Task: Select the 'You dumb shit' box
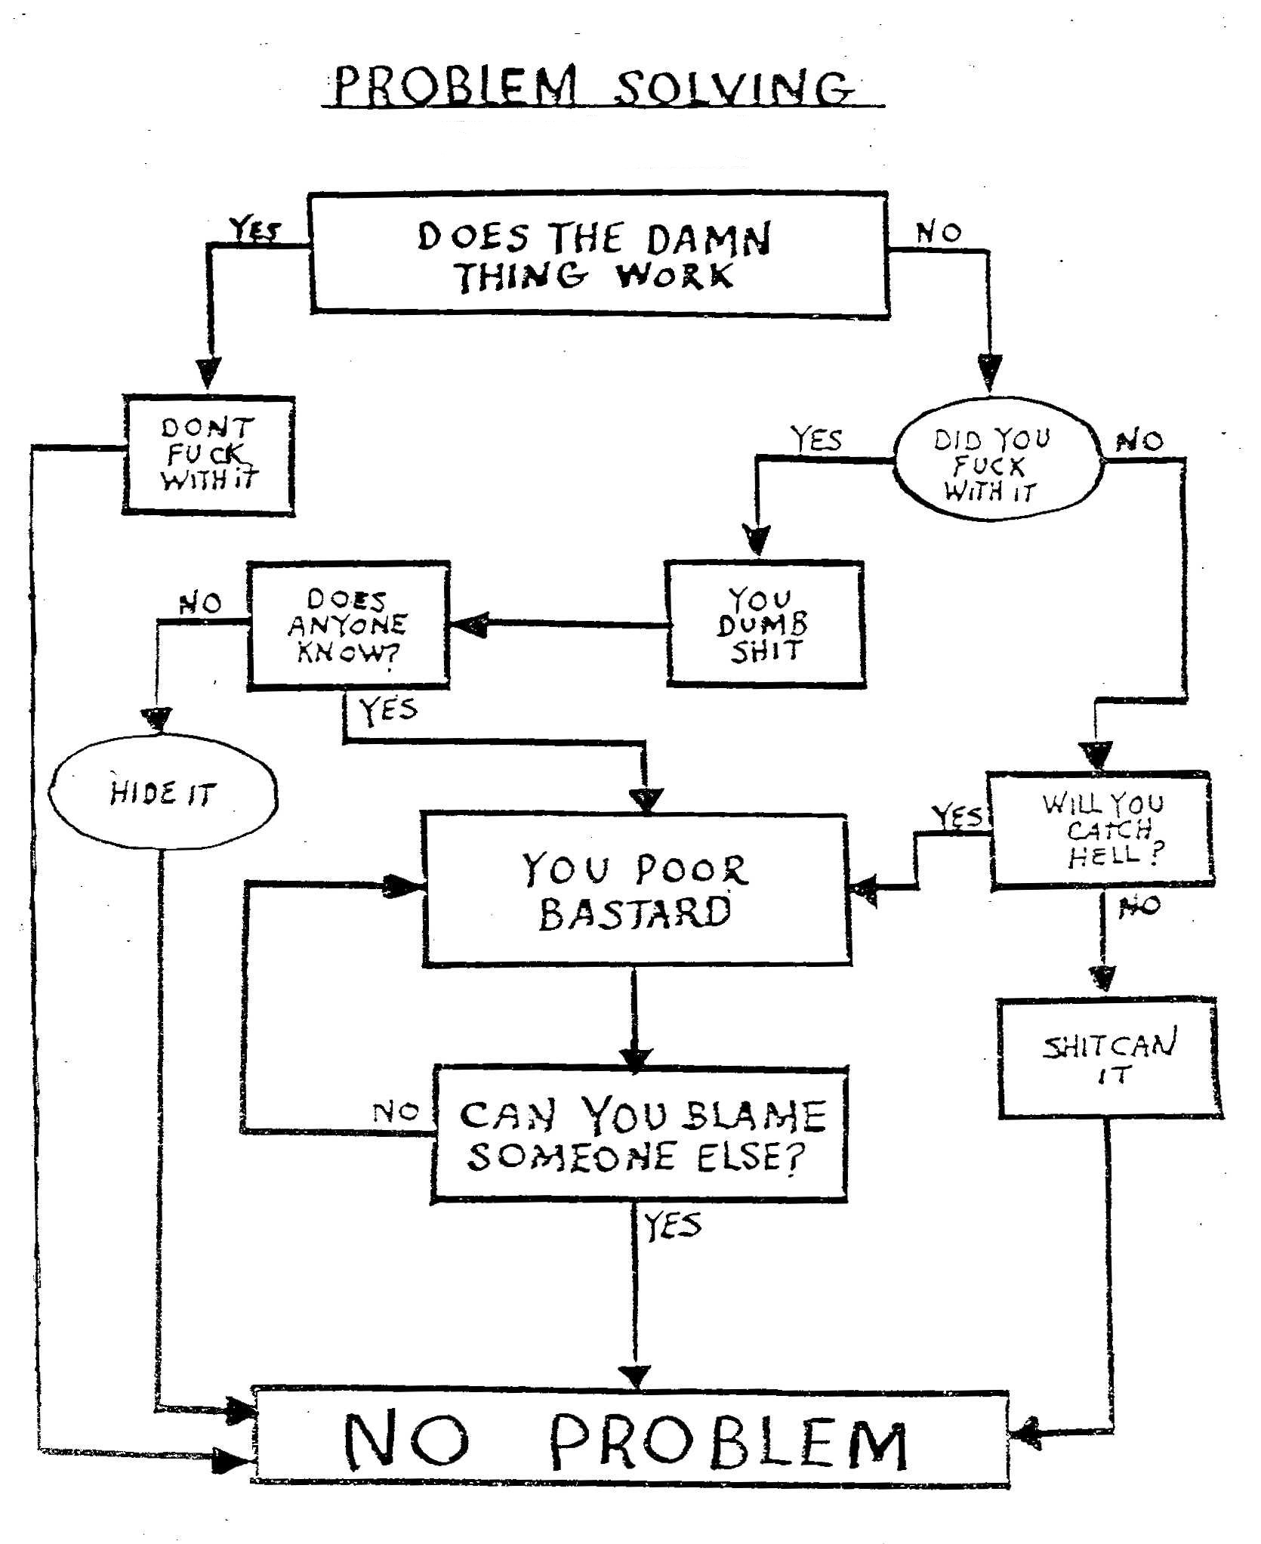pos(764,624)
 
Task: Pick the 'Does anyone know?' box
pos(348,625)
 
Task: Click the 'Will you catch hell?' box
pos(1102,829)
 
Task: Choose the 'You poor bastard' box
pos(636,891)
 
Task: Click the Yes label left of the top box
pos(255,229)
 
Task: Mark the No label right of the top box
pos(939,232)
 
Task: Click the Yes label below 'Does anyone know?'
pos(387,710)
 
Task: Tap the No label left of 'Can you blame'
pos(396,1112)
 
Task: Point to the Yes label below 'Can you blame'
pos(672,1225)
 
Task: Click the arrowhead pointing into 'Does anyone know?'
pos(469,625)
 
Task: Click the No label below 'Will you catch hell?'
pos(1139,905)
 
